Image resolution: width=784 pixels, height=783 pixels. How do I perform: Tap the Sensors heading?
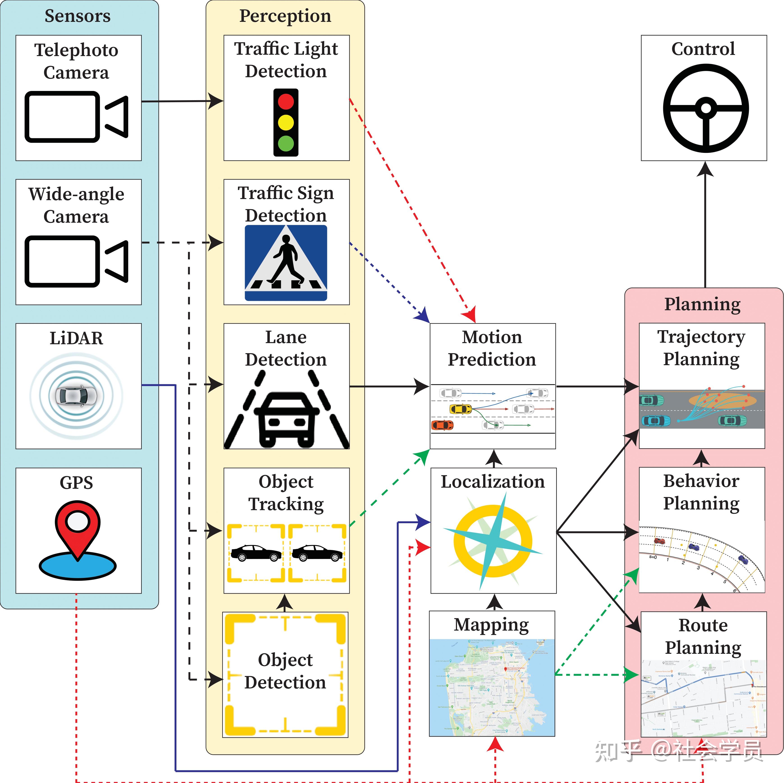click(78, 16)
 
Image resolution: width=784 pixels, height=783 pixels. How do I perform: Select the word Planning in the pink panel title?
click(702, 304)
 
